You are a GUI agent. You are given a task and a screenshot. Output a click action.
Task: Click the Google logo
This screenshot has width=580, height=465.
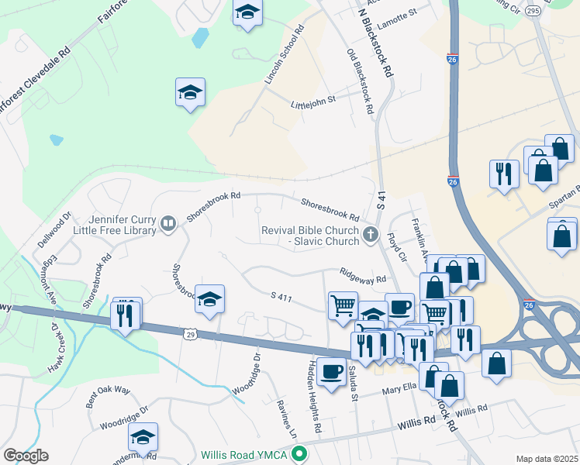[26, 456]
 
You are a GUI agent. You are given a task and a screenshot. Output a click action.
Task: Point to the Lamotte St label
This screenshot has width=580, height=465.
[396, 12]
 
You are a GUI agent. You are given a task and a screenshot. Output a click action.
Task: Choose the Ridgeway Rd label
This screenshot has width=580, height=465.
[362, 275]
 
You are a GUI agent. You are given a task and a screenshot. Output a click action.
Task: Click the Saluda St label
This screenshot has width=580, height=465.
[353, 382]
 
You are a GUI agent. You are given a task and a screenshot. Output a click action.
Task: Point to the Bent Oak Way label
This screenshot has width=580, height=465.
[108, 393]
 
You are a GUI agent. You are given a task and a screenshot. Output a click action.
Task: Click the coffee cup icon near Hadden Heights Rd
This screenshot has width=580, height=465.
[332, 373]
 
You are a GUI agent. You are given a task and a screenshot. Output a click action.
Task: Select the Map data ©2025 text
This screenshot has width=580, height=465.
[547, 459]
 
